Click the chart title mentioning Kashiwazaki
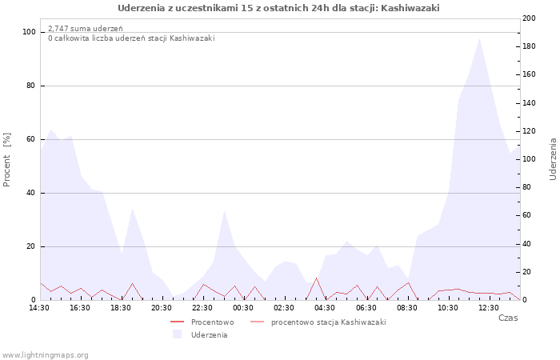pos(278,8)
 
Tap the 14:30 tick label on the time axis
pos(39,307)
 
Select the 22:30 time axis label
pos(203,307)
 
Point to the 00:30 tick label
pos(244,307)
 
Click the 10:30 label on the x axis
pos(449,307)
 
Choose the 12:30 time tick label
pos(490,307)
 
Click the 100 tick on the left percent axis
pos(30,32)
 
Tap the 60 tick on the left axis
pos(31,139)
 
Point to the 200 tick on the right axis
pos(529,18)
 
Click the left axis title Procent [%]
pos(7,160)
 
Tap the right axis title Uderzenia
pos(553,158)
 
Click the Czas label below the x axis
pos(507,318)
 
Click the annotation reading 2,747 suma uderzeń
pos(86,29)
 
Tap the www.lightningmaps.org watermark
pos(46,354)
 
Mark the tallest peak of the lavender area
pos(479,38)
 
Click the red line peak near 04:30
pos(316,278)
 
